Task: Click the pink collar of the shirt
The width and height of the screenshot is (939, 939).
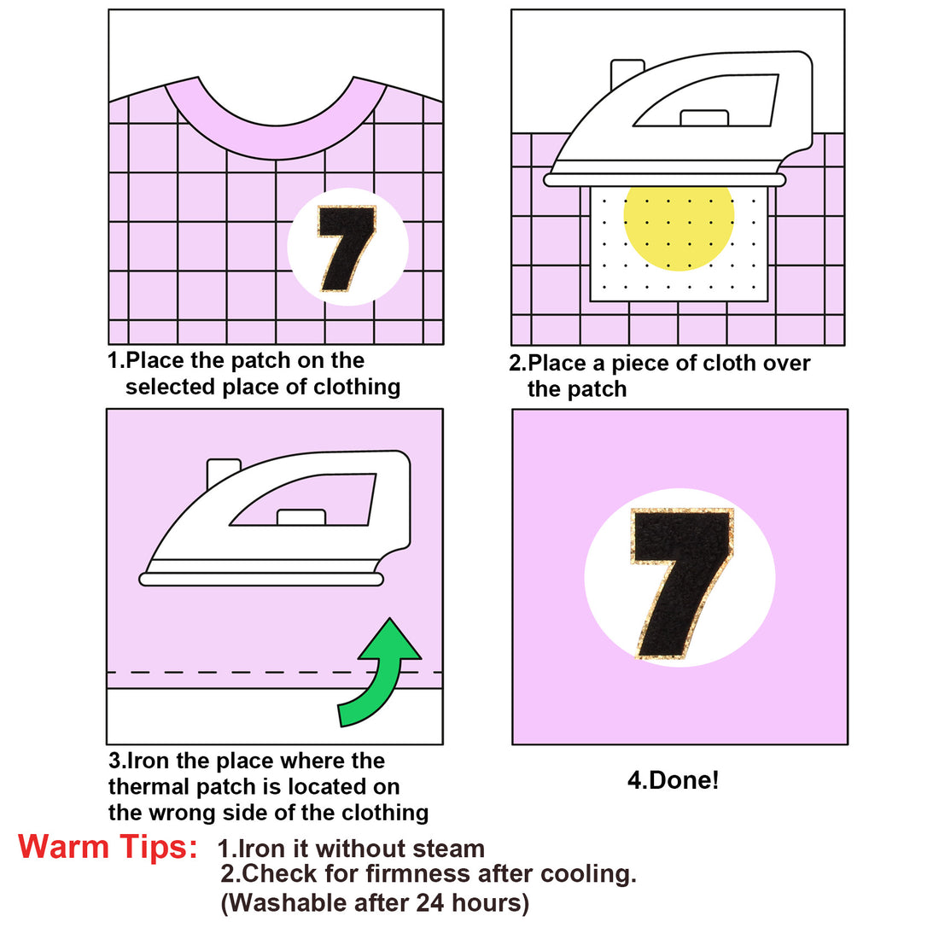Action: [x=276, y=143]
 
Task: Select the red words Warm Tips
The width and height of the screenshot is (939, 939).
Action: [x=108, y=847]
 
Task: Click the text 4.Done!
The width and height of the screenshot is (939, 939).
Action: [x=673, y=779]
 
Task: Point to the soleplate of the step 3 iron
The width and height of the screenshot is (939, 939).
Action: [x=261, y=579]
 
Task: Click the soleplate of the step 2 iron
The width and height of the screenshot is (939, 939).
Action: [x=665, y=180]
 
